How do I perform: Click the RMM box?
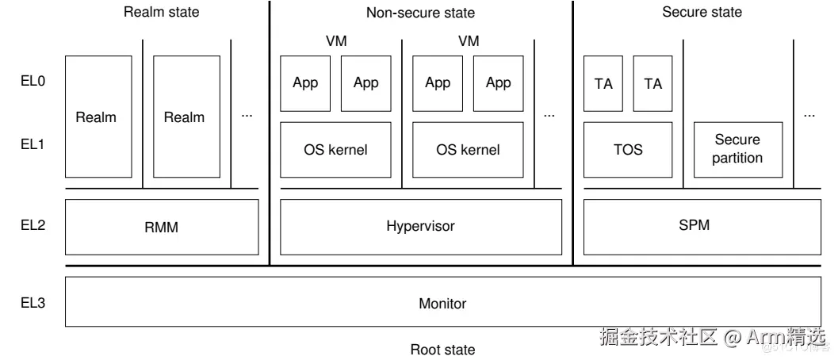tap(161, 227)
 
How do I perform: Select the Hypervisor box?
tap(420, 226)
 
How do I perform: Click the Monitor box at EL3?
tap(442, 302)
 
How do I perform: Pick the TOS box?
tap(628, 149)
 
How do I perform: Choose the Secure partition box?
tap(737, 149)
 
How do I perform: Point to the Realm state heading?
tap(161, 12)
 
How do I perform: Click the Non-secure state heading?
tap(420, 13)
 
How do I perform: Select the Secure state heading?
tap(702, 12)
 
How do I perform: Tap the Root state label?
tap(442, 349)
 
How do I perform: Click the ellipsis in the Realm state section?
tap(247, 116)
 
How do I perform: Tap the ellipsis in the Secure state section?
tap(809, 116)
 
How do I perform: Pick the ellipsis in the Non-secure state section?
tap(549, 116)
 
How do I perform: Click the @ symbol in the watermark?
tap(732, 337)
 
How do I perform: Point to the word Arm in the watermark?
tap(767, 337)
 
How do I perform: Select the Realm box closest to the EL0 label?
tap(96, 117)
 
